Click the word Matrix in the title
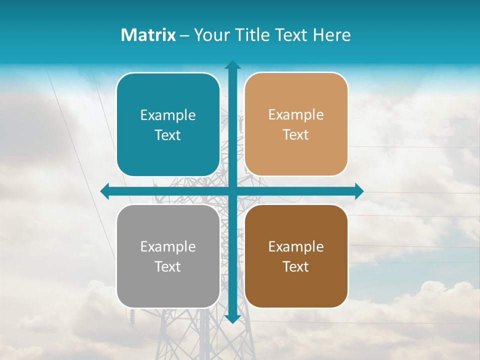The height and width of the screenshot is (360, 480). pos(148,35)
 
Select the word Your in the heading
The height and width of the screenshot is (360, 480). pos(211,35)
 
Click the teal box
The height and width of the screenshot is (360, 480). pos(168,124)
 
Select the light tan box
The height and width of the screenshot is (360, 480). pos(296,124)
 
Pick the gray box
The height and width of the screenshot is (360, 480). pos(168,256)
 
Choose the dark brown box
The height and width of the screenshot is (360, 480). pos(296,256)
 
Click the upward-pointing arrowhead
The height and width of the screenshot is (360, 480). pos(232,65)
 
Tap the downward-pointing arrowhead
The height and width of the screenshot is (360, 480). pos(232,318)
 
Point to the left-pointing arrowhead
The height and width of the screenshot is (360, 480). pos(105,191)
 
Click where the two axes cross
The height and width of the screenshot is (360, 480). pos(232,191)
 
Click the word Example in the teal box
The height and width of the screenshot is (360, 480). pos(168,115)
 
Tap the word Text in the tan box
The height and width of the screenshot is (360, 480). pos(296,135)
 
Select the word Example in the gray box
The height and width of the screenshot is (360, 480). pos(168,247)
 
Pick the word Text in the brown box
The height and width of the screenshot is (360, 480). pos(296,266)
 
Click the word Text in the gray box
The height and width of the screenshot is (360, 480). pos(168,266)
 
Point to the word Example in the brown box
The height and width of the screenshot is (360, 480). pos(296,247)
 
